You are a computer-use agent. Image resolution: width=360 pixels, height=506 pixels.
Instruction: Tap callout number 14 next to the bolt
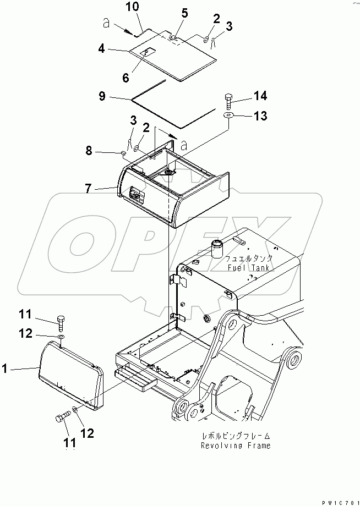point(260,96)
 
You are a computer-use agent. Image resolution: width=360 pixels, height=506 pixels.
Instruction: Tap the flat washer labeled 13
point(228,115)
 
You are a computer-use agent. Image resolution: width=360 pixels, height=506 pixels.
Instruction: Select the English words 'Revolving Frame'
point(236,446)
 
